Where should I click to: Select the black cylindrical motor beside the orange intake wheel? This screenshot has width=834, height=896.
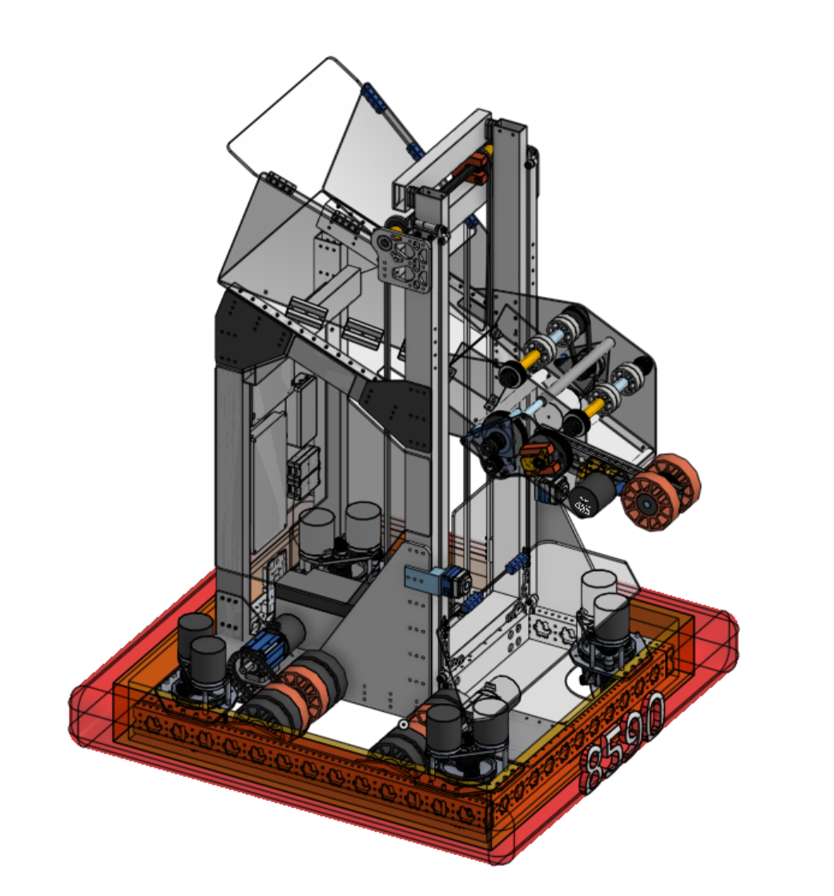[594, 496]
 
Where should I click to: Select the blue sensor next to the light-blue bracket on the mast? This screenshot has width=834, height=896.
[453, 581]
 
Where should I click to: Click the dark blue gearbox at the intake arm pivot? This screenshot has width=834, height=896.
[496, 448]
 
